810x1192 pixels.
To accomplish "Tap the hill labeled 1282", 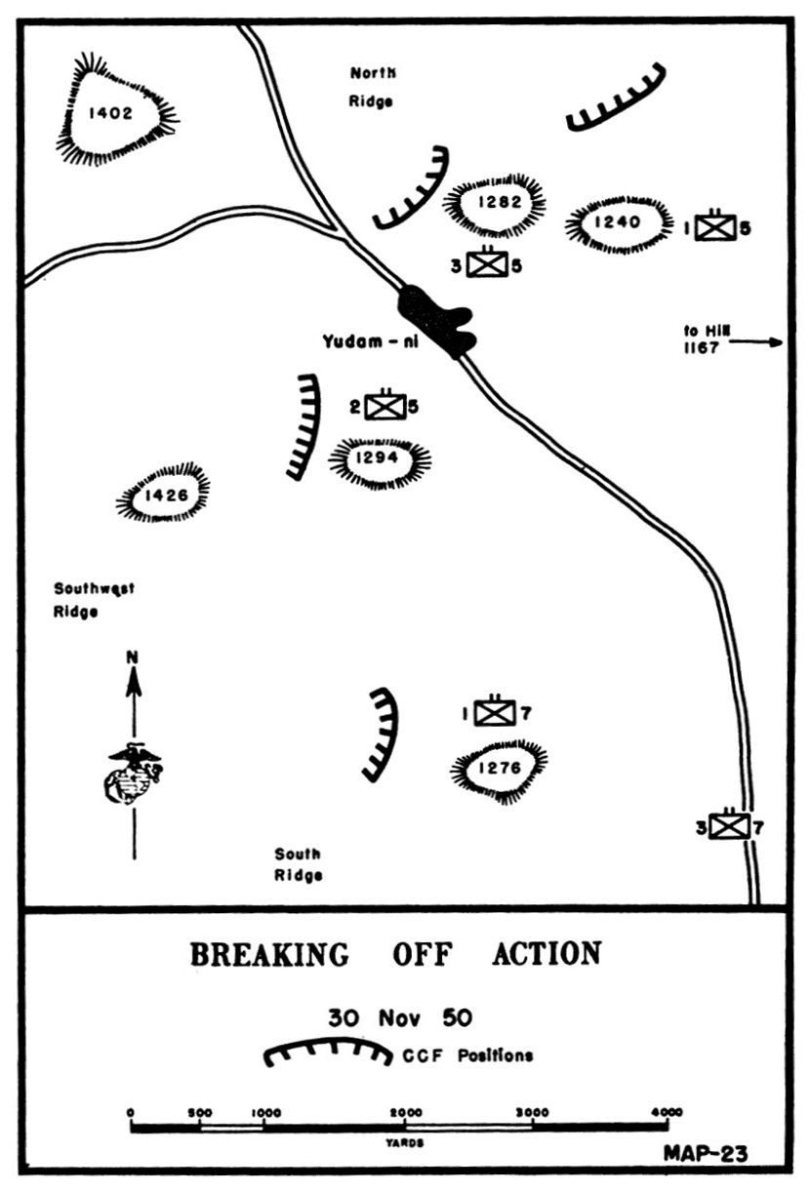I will (495, 204).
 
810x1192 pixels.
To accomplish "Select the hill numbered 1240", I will (619, 223).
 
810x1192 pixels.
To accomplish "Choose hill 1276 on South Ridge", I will (499, 768).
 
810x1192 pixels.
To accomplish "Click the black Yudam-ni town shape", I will (436, 317).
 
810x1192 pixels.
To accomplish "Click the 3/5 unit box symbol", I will (486, 263).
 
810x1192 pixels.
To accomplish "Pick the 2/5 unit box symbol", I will (385, 406).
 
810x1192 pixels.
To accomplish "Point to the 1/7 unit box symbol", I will (496, 713).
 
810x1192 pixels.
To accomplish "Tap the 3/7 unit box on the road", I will (727, 827).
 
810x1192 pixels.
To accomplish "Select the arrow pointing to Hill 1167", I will (756, 341).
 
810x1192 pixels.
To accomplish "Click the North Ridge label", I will (372, 86).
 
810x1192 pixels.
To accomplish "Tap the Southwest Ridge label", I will (94, 599).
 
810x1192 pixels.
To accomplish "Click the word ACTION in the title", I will (547, 953).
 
